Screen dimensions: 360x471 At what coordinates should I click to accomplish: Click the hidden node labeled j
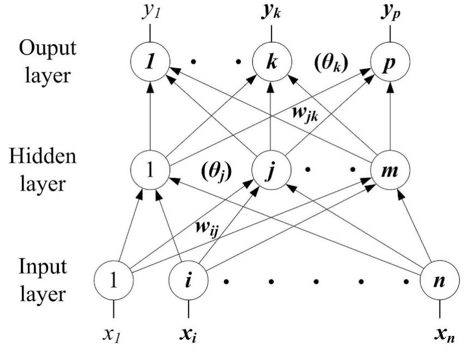click(269, 173)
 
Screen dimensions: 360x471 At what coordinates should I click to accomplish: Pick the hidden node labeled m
click(389, 173)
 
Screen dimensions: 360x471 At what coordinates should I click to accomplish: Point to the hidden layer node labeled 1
click(149, 173)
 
